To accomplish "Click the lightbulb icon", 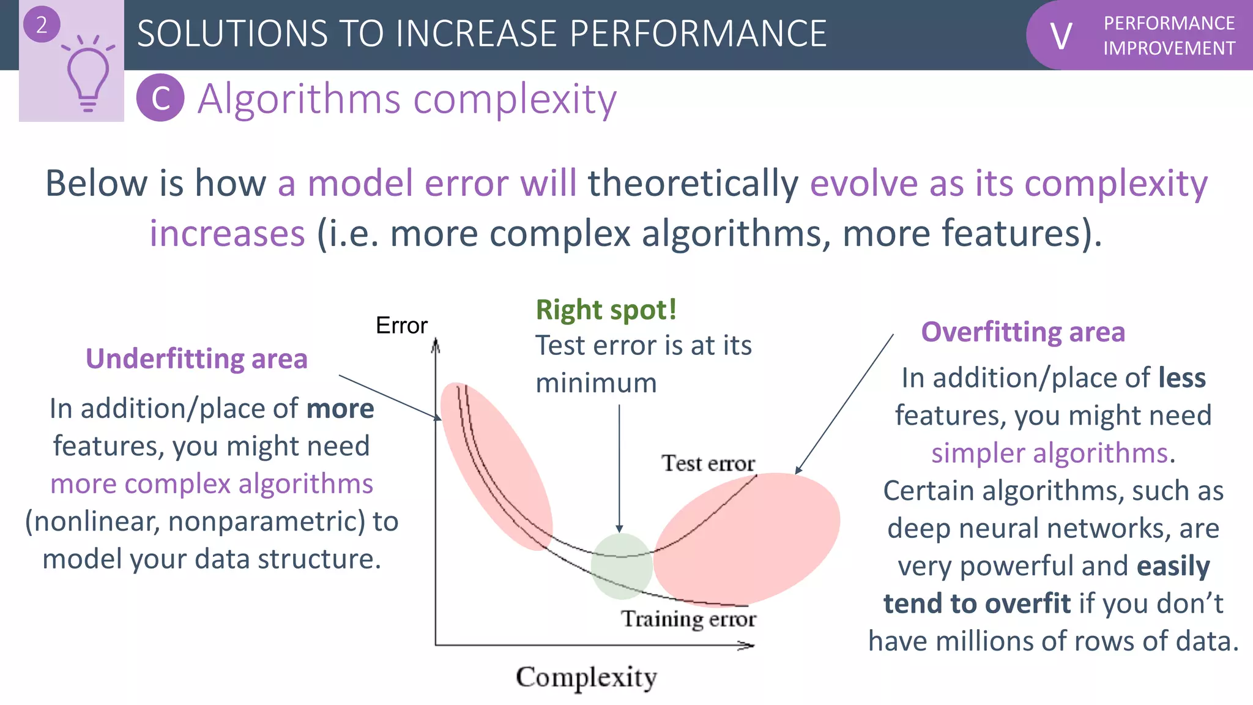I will pos(87,76).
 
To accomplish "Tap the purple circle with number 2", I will pos(42,25).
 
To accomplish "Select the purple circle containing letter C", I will pos(160,98).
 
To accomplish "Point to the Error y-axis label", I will pos(401,326).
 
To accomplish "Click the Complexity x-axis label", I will pos(586,677).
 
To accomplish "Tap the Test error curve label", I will pos(708,463).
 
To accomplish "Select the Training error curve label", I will pos(689,619).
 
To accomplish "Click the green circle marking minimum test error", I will pos(622,566).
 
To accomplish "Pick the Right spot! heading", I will pos(606,310).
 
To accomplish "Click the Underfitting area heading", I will pos(196,359).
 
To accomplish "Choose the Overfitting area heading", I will pos(1023,332).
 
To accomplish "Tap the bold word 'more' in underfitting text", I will pos(340,409).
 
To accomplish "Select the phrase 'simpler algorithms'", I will pos(1049,453).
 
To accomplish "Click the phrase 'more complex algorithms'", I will pos(212,484).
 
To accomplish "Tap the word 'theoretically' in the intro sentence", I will pos(693,183).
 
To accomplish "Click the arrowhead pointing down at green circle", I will pos(619,529).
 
